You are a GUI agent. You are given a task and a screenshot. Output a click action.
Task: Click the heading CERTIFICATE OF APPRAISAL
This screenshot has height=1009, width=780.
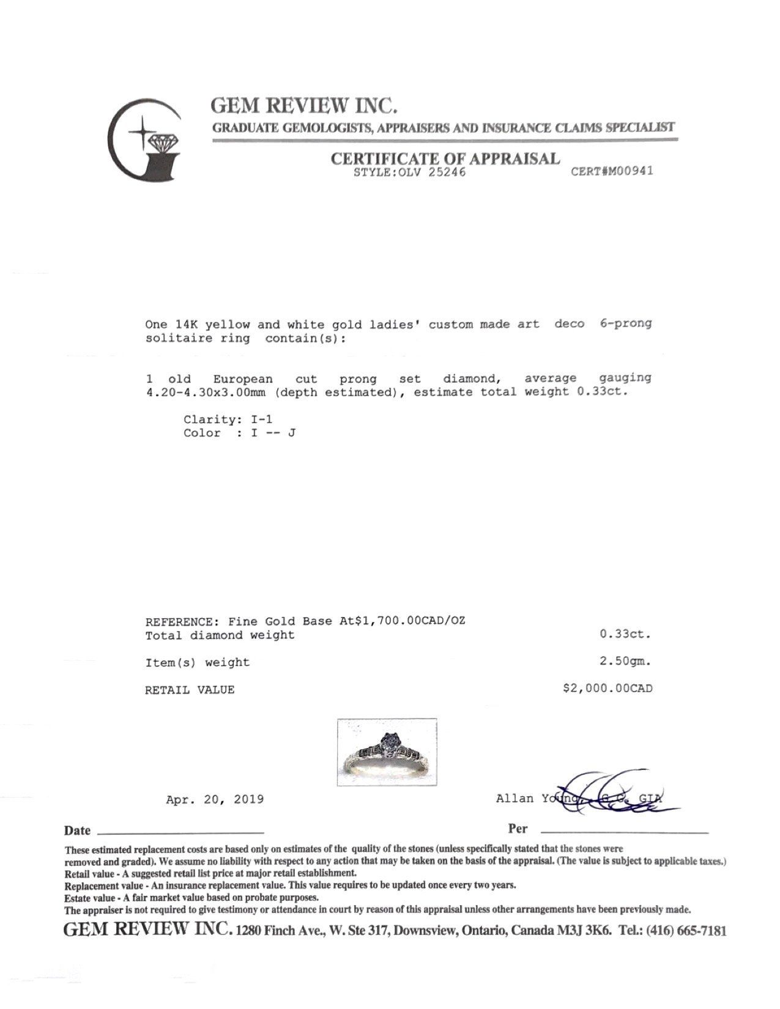click(445, 159)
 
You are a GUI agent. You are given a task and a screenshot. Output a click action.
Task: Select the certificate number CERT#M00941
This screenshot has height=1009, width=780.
click(612, 171)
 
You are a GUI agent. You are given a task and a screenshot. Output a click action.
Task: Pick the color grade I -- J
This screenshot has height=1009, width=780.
click(274, 433)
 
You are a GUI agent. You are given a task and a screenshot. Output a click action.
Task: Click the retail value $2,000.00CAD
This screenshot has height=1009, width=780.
click(607, 689)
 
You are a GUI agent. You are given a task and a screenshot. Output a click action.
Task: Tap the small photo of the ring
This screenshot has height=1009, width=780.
click(387, 752)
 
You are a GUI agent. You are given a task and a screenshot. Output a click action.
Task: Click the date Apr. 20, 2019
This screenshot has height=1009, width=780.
click(215, 799)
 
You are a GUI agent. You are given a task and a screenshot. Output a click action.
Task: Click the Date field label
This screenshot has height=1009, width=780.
click(77, 830)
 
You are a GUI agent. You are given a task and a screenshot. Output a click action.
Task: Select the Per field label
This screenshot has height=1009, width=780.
click(518, 829)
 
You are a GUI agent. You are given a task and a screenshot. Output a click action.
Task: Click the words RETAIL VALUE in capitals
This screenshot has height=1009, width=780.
click(190, 690)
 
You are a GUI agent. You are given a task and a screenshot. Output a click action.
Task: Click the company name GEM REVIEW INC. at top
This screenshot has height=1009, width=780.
click(304, 106)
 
